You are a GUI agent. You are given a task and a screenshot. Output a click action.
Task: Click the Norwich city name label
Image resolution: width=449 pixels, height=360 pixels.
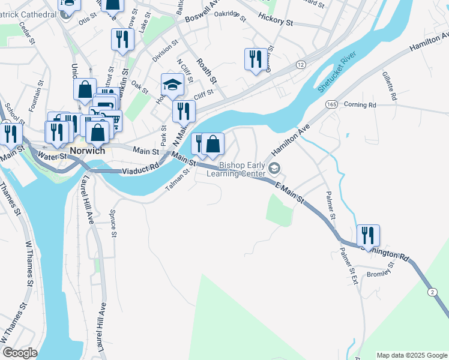coord(87,151)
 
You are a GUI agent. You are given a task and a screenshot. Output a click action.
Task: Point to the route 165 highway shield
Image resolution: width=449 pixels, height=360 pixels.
coord(331,104)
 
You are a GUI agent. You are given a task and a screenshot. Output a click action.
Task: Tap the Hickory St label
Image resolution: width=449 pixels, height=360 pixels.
coord(275,20)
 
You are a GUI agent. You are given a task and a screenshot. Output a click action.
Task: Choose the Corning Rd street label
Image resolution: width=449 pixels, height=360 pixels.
coord(360,104)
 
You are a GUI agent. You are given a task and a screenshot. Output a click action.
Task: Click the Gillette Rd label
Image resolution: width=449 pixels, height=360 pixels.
coord(390,86)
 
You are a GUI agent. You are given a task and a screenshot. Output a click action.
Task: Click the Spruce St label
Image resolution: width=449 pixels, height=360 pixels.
coord(113,223)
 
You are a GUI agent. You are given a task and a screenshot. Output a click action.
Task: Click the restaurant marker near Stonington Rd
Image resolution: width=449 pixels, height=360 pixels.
coord(368,235)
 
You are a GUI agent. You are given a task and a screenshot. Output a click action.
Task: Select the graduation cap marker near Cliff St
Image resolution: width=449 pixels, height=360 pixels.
coord(172,85)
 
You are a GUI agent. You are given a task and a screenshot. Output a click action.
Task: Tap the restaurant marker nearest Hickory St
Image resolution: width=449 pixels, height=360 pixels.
coord(256,59)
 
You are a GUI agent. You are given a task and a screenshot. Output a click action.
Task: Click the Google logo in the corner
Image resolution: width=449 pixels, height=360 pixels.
coord(20,353)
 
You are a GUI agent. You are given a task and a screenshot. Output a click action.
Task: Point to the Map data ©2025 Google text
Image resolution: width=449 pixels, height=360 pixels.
coord(411,355)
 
